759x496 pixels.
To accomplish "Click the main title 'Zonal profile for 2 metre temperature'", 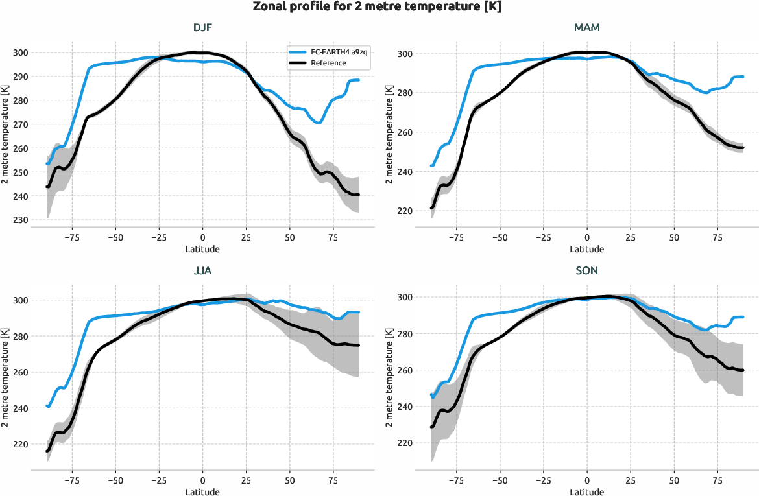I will [379, 7].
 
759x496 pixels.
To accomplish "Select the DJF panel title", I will [202, 28].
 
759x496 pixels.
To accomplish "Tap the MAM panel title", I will [586, 28].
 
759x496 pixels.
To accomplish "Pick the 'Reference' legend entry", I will [328, 63].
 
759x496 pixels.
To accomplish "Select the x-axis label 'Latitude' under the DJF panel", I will [202, 249].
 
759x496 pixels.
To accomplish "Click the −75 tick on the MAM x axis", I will [456, 237].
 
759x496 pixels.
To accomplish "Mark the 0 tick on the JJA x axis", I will [202, 480].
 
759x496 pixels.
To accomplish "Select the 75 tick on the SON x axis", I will [717, 480].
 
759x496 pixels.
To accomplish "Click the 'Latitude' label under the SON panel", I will [586, 492].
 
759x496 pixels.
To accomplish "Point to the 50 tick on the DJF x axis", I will [290, 237].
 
